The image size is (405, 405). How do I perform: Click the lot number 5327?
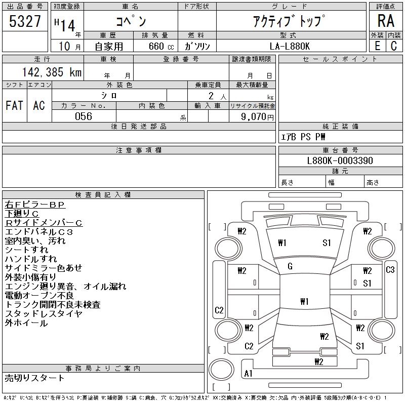pos(25,21)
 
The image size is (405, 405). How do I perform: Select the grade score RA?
pos(385,21)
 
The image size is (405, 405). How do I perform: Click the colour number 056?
pos(84,116)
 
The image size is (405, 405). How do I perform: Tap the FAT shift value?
pos(14,105)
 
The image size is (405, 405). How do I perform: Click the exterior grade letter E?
pos(377,46)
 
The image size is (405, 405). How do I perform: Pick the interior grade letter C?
pos(393,46)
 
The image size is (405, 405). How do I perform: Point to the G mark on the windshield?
pos(290,266)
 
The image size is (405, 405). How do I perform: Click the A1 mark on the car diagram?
pos(249,374)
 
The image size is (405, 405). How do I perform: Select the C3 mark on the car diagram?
pos(390,270)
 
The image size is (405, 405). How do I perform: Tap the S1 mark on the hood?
pos(327,243)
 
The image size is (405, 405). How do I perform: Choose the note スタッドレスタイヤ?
pos(44,314)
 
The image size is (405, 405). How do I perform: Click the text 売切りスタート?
pos(35,378)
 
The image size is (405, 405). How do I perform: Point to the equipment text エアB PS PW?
pos(304,137)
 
